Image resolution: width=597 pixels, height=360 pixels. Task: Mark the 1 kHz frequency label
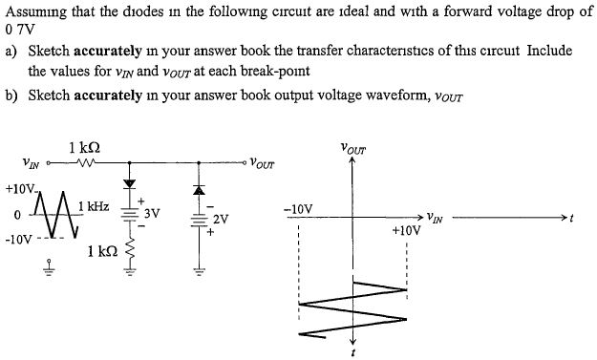coord(95,206)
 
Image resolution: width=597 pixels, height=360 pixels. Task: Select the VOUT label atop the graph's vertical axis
coord(353,149)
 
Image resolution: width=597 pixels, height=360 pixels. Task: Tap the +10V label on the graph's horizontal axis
coord(406,230)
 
